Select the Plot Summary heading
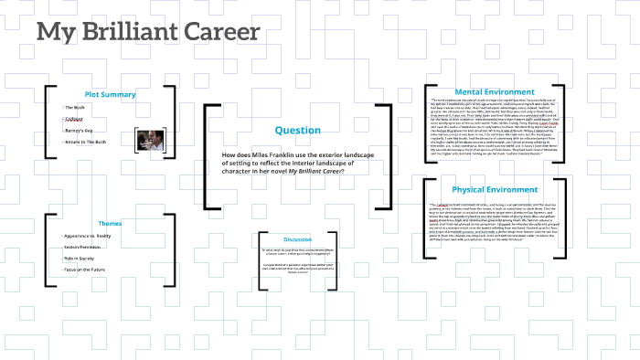click(x=110, y=94)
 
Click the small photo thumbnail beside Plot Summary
click(x=149, y=139)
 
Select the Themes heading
click(x=110, y=223)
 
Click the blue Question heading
click(x=297, y=130)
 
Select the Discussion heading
click(x=298, y=239)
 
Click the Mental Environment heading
click(x=494, y=91)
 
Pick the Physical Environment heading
click(x=494, y=189)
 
